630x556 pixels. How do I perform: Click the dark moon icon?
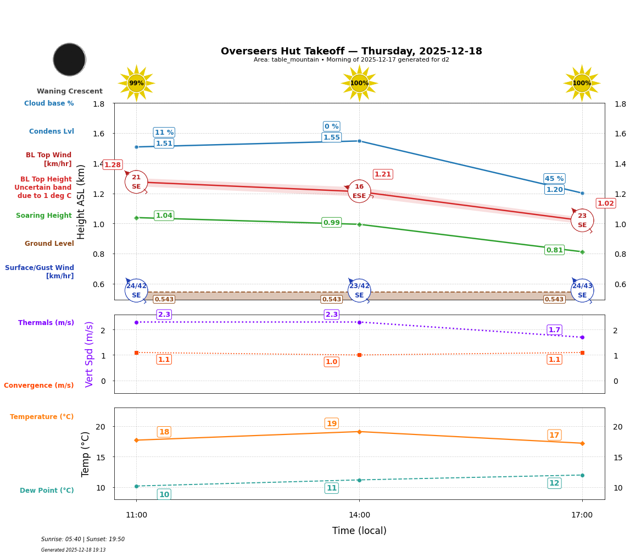click(x=69, y=59)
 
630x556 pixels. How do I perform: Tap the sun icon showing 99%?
click(x=136, y=83)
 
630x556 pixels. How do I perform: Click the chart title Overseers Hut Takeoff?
click(x=351, y=51)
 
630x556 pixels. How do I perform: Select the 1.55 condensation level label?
click(x=331, y=137)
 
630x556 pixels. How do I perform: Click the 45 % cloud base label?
click(x=554, y=179)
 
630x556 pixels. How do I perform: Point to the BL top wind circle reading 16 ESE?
click(x=359, y=191)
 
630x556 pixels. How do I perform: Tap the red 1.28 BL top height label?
click(x=113, y=165)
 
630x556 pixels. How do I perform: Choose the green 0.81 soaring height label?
click(x=554, y=250)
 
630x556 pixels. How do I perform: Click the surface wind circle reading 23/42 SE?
click(x=359, y=290)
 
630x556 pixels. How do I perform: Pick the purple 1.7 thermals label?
click(x=554, y=330)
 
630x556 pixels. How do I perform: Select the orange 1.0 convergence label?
click(x=331, y=362)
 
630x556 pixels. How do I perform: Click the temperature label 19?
click(x=331, y=423)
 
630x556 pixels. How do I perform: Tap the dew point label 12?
click(x=554, y=483)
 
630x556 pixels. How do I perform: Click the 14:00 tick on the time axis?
click(x=359, y=515)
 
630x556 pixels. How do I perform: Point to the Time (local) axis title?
click(x=359, y=531)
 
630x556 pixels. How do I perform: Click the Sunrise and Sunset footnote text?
click(x=83, y=540)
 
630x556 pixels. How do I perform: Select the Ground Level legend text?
click(x=49, y=244)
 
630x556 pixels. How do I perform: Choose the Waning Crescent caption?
click(x=70, y=91)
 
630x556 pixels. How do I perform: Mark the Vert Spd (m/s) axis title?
click(x=90, y=354)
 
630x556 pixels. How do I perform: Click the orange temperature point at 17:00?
click(x=582, y=443)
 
